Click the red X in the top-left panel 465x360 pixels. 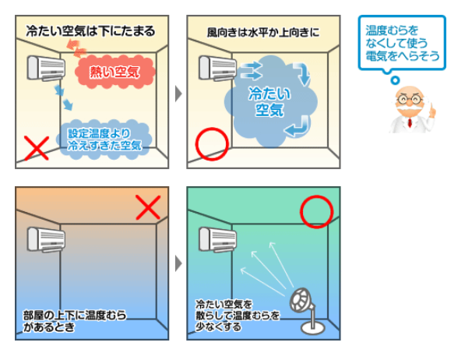(37, 148)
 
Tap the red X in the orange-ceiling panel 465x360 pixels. (148, 207)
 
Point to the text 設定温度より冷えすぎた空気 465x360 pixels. (104, 139)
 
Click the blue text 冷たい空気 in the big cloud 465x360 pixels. (269, 102)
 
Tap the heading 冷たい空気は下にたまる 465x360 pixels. (90, 31)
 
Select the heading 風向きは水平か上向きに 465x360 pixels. (263, 33)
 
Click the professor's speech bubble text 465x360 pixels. (402, 43)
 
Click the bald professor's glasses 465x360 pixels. (410, 99)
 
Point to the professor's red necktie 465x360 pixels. (410, 122)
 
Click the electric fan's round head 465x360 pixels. (301, 300)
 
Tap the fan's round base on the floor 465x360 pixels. (313, 329)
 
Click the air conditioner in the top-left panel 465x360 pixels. (46, 69)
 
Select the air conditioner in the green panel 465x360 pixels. (217, 239)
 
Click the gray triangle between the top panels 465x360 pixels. (178, 94)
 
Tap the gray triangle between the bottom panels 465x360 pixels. (178, 263)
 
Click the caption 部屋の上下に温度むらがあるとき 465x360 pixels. (75, 321)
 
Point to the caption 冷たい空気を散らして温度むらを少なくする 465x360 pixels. (238, 315)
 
